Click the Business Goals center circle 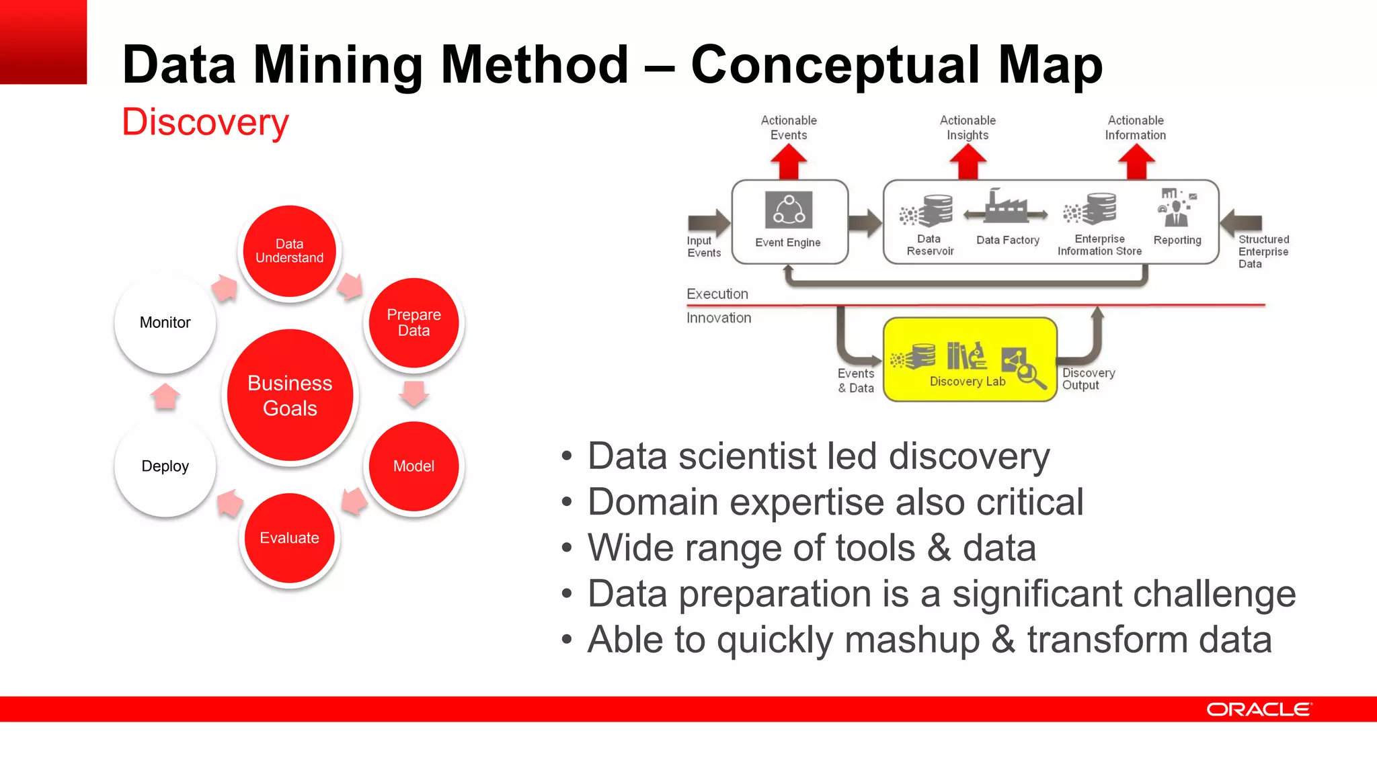[x=290, y=395]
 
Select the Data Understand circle [x=290, y=251]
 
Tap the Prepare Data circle [x=414, y=322]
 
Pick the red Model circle [x=414, y=466]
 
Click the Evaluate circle [x=290, y=537]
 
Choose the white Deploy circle [x=165, y=466]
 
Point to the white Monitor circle [x=165, y=322]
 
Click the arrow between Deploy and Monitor [x=165, y=396]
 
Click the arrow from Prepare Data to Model [x=414, y=394]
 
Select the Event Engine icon [x=789, y=210]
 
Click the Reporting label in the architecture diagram [x=1177, y=240]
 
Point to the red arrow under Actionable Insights [x=968, y=162]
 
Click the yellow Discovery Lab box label [x=968, y=382]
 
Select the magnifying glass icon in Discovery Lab [x=1030, y=375]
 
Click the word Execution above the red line [x=717, y=294]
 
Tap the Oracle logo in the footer [x=1259, y=709]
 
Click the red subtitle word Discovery [x=205, y=122]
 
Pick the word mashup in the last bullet [x=912, y=639]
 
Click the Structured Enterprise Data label [x=1263, y=251]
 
